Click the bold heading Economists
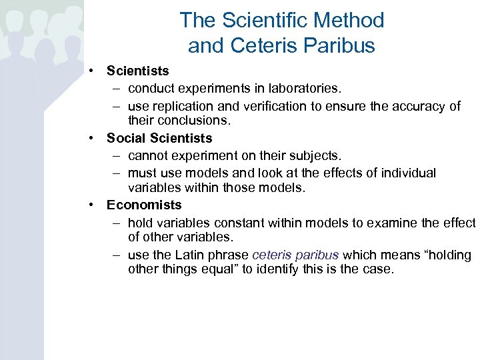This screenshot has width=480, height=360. (144, 205)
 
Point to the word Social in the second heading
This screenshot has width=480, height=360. (126, 139)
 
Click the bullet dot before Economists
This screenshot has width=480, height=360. (91, 205)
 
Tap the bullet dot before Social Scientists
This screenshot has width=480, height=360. (91, 139)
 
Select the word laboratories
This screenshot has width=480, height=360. (306, 89)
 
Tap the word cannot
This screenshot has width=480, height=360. (149, 155)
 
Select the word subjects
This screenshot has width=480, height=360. (317, 155)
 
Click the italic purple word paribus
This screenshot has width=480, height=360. (317, 255)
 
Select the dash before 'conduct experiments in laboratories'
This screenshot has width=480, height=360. (116, 89)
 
